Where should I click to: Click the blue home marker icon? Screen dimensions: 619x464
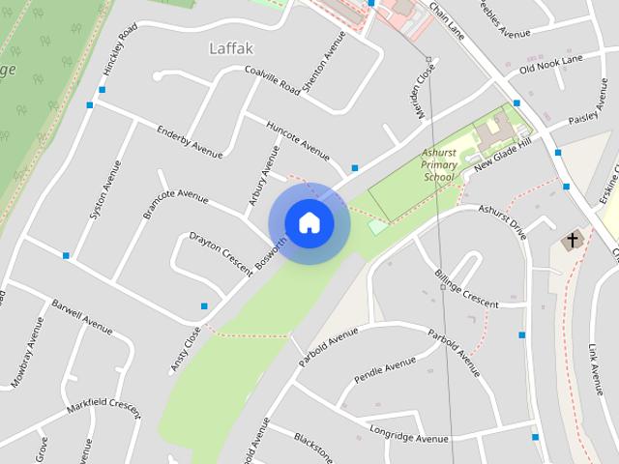tap(309, 222)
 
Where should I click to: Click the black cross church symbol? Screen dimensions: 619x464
tap(572, 239)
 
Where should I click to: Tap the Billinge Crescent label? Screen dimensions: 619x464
tap(466, 287)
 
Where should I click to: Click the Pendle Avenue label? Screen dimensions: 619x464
tap(384, 369)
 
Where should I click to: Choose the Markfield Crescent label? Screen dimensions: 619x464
tap(103, 407)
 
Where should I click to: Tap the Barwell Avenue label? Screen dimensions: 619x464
tap(82, 317)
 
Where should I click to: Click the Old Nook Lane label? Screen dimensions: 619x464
tap(550, 64)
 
